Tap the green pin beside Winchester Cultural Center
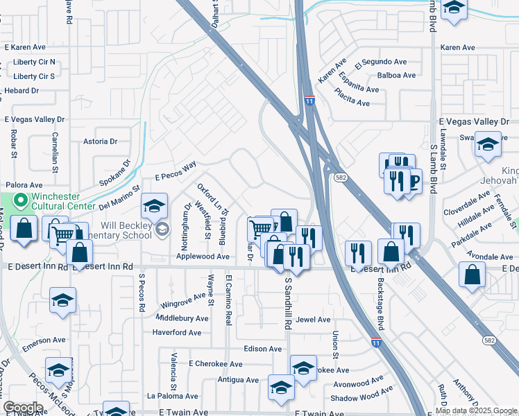point(20,202)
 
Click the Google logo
point(23,408)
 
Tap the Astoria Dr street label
point(100,141)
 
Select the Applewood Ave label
point(203,257)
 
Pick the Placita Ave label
point(352,97)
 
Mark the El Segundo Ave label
point(381,62)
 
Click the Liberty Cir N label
point(34,62)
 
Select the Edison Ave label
point(263,349)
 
